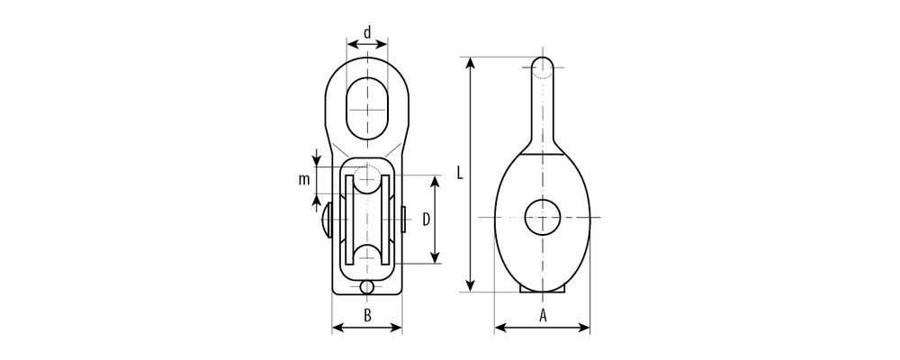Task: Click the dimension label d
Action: pyautogui.click(x=367, y=31)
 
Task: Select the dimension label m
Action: pyautogui.click(x=303, y=180)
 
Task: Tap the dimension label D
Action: pyautogui.click(x=427, y=219)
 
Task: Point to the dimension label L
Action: pyautogui.click(x=460, y=173)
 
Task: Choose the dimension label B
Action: pyautogui.click(x=367, y=315)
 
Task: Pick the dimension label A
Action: pyautogui.click(x=543, y=315)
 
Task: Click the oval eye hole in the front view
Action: pyautogui.click(x=367, y=108)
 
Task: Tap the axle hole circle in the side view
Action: pyautogui.click(x=543, y=217)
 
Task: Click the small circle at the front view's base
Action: pyautogui.click(x=367, y=287)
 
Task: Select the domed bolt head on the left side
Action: pyautogui.click(x=328, y=220)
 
